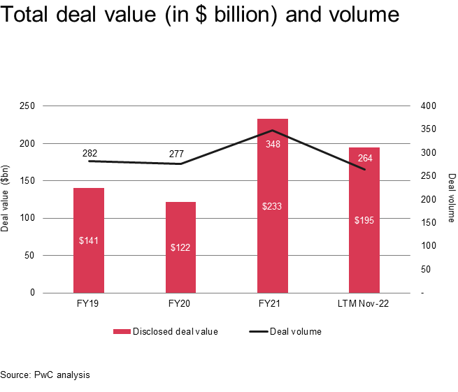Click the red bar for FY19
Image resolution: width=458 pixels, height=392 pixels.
coord(89,240)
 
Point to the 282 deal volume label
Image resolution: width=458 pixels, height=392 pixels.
coord(90,153)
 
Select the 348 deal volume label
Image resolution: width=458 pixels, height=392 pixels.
coord(273,144)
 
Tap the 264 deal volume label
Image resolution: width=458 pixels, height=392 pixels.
coord(365,158)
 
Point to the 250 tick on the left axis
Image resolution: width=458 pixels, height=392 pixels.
coord(29,106)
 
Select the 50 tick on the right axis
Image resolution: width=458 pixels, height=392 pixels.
coord(424,269)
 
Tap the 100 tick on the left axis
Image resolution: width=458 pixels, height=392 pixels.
coord(29,218)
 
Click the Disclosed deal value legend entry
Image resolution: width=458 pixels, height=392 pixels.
coord(166,331)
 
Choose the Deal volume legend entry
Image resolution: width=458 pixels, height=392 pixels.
coord(285,331)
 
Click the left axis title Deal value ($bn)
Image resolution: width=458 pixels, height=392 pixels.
coord(6,200)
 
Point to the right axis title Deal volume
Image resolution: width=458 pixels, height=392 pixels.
coord(451,198)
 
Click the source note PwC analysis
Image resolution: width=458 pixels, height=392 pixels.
coord(45,375)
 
